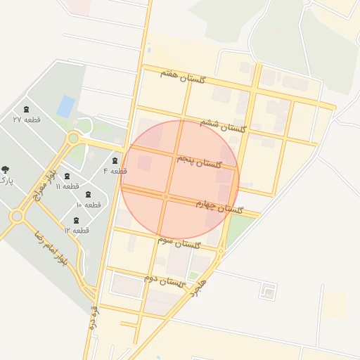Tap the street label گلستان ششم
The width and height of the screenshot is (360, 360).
(x=223, y=124)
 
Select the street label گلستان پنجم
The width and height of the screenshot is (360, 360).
(x=200, y=163)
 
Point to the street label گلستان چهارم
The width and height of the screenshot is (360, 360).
(x=219, y=207)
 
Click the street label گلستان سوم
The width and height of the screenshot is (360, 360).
(x=179, y=243)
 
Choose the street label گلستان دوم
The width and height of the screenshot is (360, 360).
(x=165, y=281)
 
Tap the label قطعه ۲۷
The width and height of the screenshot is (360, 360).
(x=27, y=120)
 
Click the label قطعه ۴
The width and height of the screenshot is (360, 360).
(x=115, y=171)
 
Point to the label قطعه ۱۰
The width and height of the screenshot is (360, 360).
(x=89, y=205)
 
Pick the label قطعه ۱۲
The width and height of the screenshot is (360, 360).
(x=76, y=230)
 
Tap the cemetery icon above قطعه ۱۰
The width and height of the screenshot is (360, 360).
(x=89, y=195)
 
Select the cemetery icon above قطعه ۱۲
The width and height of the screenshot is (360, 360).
(x=76, y=220)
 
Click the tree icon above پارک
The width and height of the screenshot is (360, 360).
(x=6, y=169)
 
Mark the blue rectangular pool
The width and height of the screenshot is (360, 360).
(x=66, y=106)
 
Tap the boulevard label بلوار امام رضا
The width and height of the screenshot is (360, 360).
(x=49, y=247)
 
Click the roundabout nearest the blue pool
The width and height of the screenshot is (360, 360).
(x=73, y=139)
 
